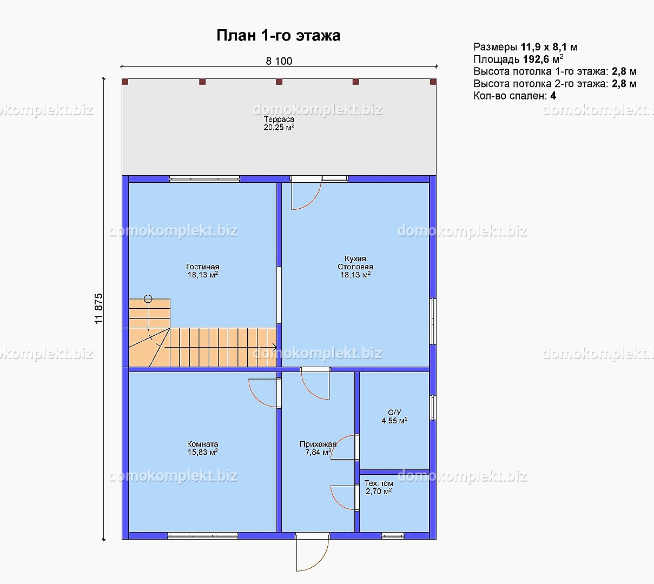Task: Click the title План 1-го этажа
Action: point(278,36)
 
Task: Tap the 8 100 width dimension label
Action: point(279,61)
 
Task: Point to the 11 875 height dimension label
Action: point(99,308)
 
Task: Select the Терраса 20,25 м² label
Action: point(279,123)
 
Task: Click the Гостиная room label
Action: point(203,271)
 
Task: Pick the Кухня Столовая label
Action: point(355,267)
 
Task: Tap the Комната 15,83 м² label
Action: point(203,448)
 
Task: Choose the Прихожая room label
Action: point(318,448)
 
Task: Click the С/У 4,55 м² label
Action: point(394,416)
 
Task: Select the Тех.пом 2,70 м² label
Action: point(379,487)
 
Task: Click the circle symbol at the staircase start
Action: point(148,299)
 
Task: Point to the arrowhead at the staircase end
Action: point(274,348)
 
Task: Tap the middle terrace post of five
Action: point(279,82)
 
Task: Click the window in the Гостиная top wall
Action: point(204,179)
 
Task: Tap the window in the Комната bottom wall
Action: point(203,536)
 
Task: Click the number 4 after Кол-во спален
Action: point(553,96)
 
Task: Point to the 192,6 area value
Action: point(536,59)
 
